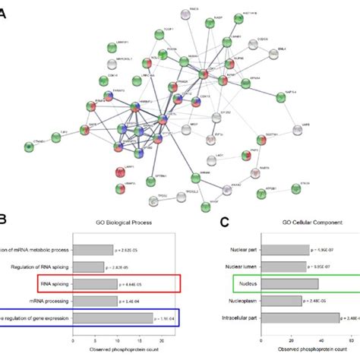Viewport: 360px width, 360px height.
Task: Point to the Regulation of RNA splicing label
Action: tap(43, 267)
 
